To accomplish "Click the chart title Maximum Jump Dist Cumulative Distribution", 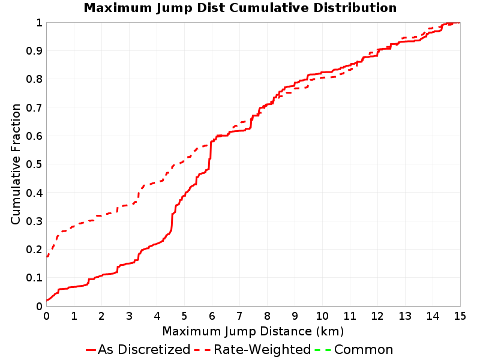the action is coord(240,8).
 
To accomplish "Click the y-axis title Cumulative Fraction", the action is coord(16,164).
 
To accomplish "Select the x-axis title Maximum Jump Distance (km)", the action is coord(253,331).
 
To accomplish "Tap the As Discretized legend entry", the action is coord(138,349).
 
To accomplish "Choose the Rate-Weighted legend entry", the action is coord(253,349).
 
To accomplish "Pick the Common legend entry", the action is coord(354,349).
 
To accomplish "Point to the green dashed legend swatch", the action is coord(323,350).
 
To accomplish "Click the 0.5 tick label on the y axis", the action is coord(34,164).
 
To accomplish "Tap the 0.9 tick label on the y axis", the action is coord(34,51).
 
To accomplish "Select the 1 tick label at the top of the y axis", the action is coord(39,23).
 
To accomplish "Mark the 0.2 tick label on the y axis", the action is coord(34,250).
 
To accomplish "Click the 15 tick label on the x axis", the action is coord(460,316).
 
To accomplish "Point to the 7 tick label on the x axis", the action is coord(239,316).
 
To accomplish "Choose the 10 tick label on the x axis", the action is coord(322,316).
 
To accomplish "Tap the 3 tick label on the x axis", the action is coord(129,316).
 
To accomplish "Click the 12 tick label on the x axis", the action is coord(377,316).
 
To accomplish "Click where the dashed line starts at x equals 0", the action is coord(47,257).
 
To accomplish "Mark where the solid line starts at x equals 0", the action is coord(47,301).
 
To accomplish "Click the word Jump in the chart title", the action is coord(174,8).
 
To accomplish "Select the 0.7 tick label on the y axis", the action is coord(34,108).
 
